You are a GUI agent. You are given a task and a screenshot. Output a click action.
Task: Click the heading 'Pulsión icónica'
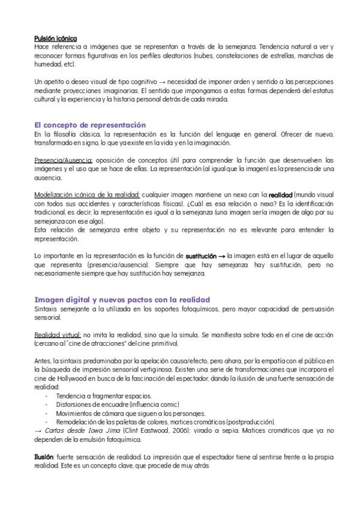tap(55, 38)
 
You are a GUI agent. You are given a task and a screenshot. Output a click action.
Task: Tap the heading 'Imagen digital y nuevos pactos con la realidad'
tap(122, 299)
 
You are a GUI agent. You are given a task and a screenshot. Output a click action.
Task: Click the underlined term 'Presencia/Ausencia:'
tap(63, 160)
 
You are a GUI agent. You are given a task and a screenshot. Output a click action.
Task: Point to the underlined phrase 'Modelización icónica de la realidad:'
tap(87, 195)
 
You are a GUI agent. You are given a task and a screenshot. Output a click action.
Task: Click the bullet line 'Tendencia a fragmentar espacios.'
tap(103, 396)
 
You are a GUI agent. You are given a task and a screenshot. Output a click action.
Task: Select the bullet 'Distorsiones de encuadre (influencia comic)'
tap(117, 405)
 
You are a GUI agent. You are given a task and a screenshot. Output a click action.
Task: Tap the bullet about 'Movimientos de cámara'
tap(130, 413)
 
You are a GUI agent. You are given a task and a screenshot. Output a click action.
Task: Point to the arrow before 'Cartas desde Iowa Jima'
tap(39, 430)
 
